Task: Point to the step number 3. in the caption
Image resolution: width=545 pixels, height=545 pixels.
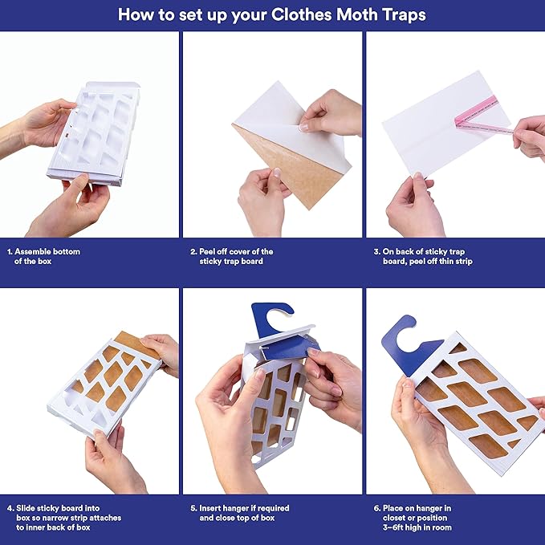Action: (376, 251)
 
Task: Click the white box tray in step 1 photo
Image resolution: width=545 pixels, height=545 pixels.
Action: (104, 132)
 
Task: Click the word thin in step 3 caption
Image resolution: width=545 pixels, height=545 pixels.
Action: (449, 261)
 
